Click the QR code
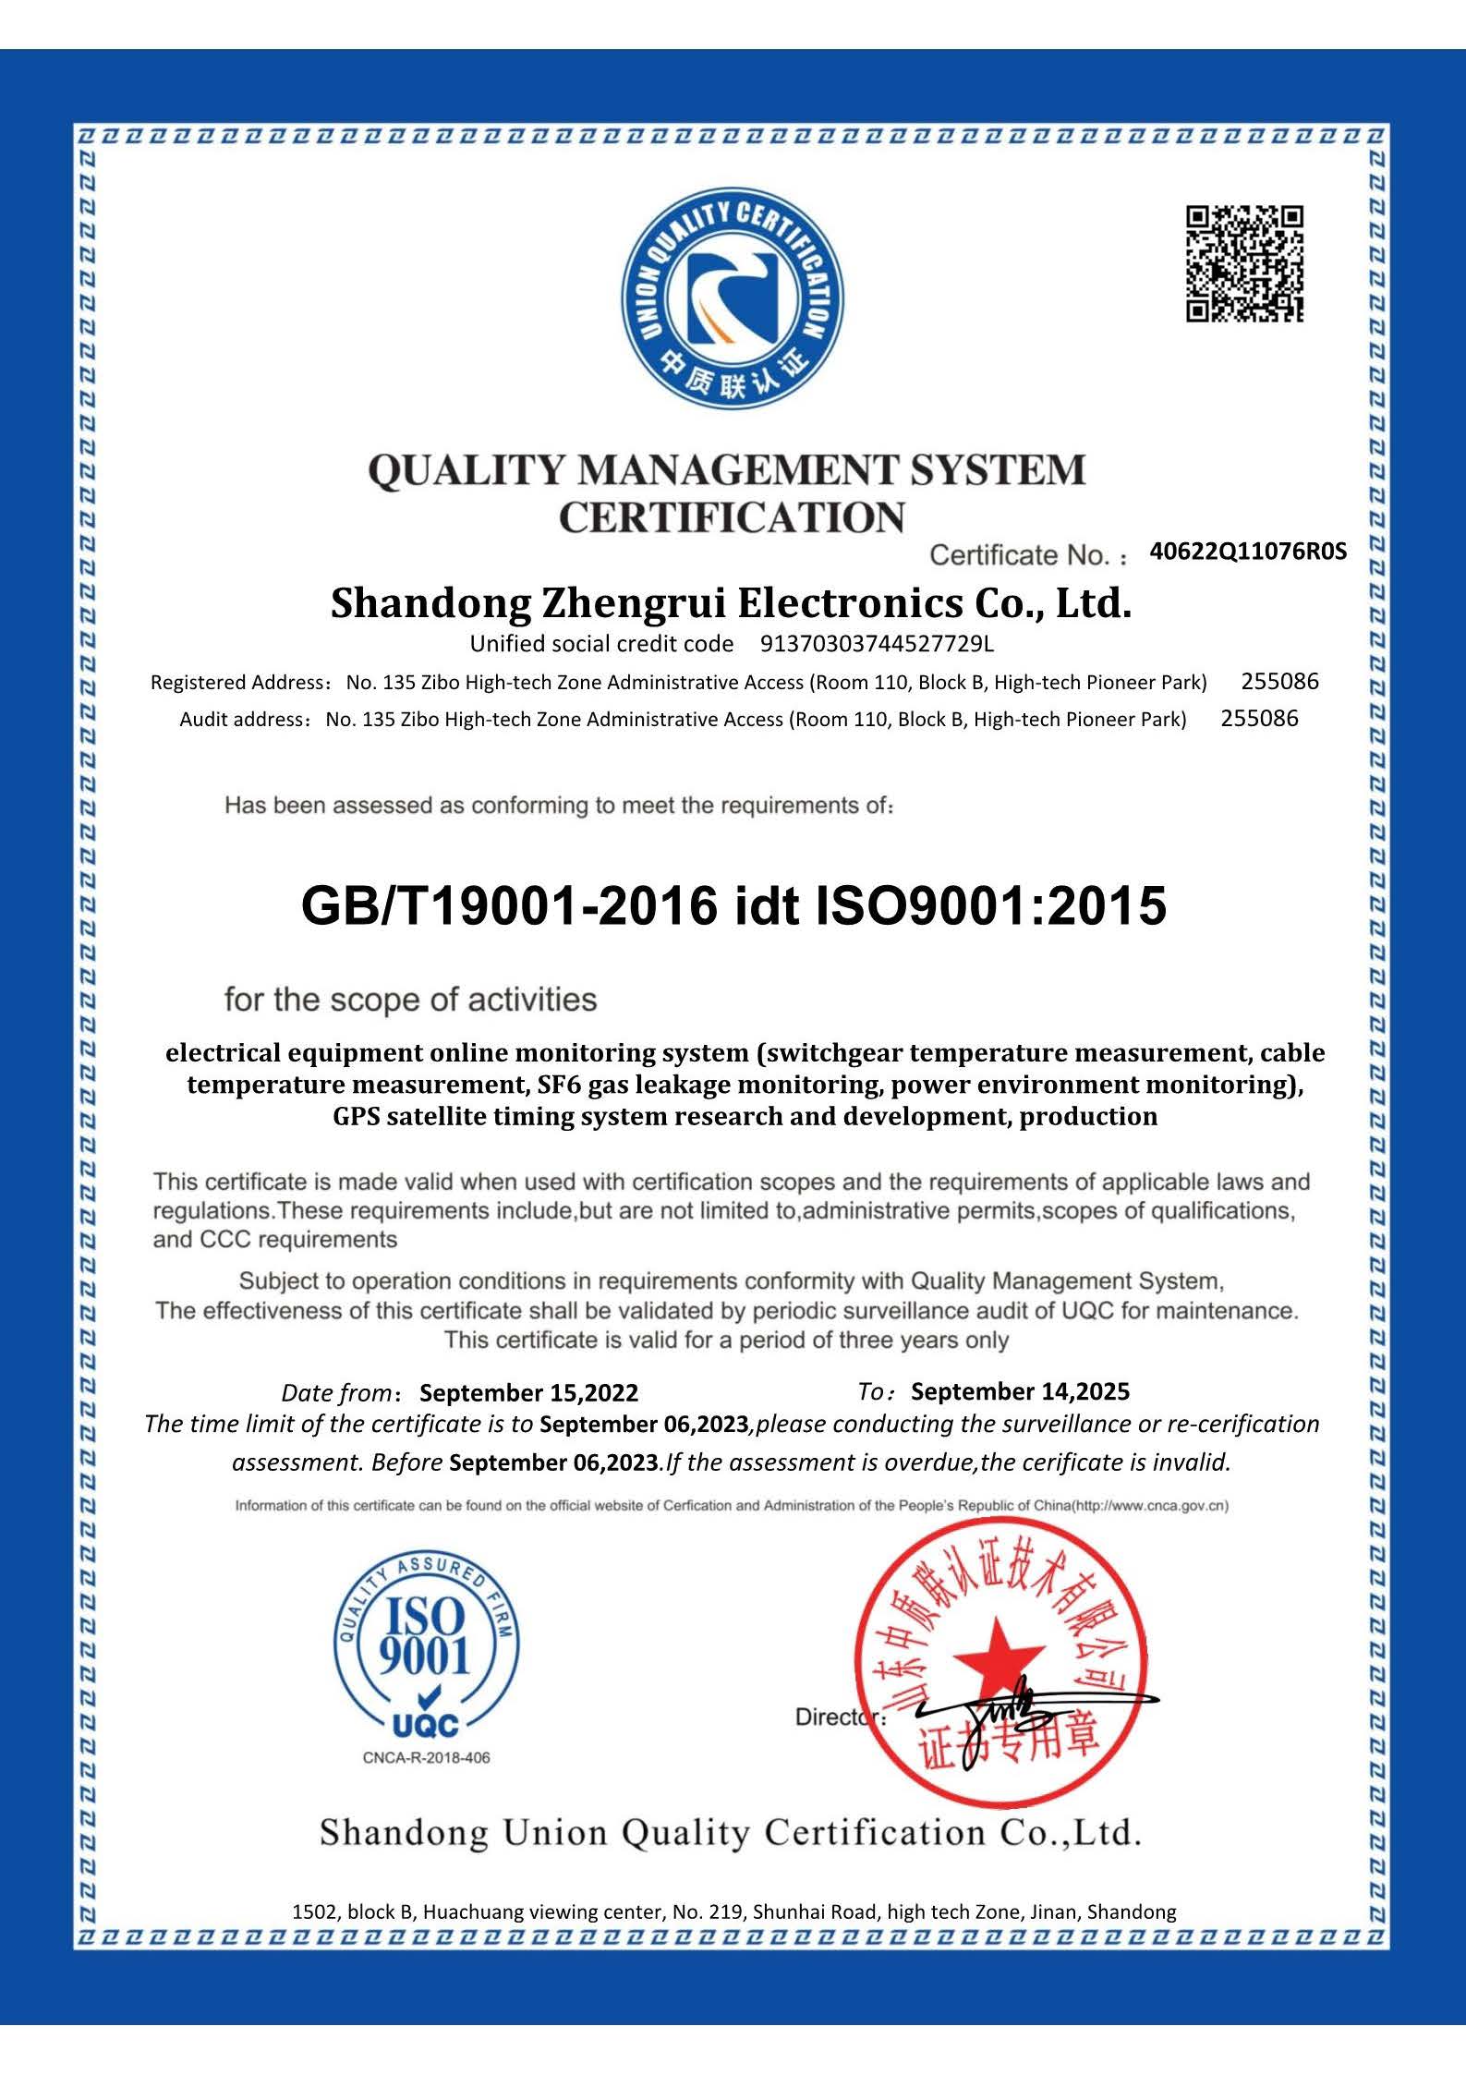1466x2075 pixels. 1244,264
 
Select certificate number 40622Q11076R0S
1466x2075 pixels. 1248,552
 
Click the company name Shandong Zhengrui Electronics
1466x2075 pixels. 731,604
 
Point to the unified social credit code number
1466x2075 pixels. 877,643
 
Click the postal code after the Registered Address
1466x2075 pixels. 1279,682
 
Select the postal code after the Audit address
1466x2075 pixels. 1259,718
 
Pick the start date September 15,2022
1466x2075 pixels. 528,1392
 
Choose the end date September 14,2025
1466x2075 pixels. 1020,1391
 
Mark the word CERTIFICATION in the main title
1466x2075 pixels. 732,517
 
